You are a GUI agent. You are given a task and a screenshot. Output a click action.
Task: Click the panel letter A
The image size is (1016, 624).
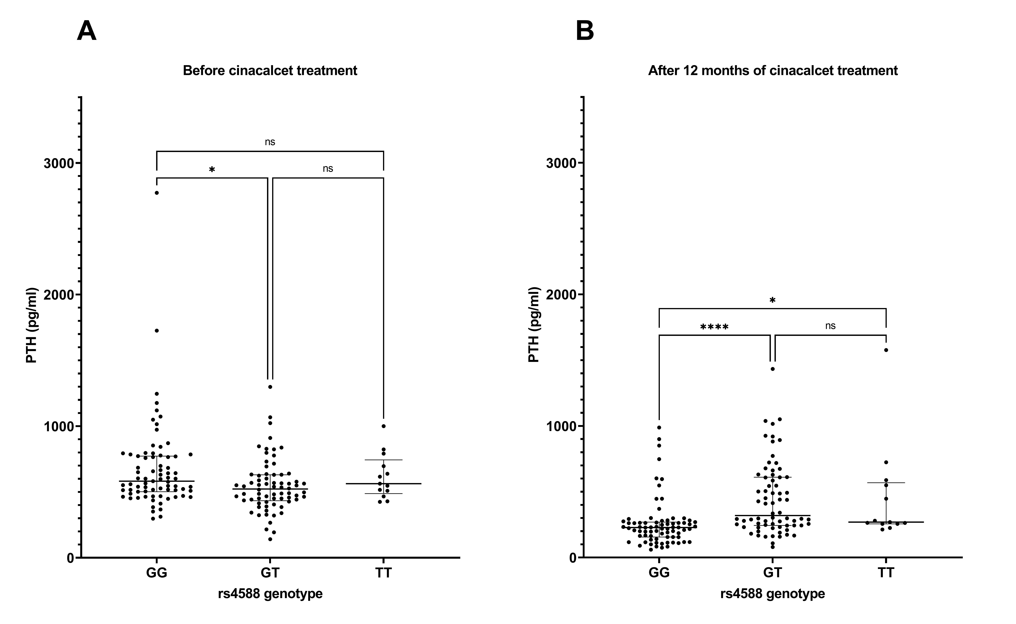87,31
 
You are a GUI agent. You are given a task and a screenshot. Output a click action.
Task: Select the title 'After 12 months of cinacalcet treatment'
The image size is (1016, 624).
773,71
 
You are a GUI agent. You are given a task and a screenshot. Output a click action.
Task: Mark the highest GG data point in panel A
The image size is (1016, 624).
157,193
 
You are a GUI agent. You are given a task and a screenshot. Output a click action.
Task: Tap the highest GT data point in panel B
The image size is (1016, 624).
773,369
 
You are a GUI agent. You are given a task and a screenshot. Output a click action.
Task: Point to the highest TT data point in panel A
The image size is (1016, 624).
384,426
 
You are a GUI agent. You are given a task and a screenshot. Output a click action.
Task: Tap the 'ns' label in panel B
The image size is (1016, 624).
830,326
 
